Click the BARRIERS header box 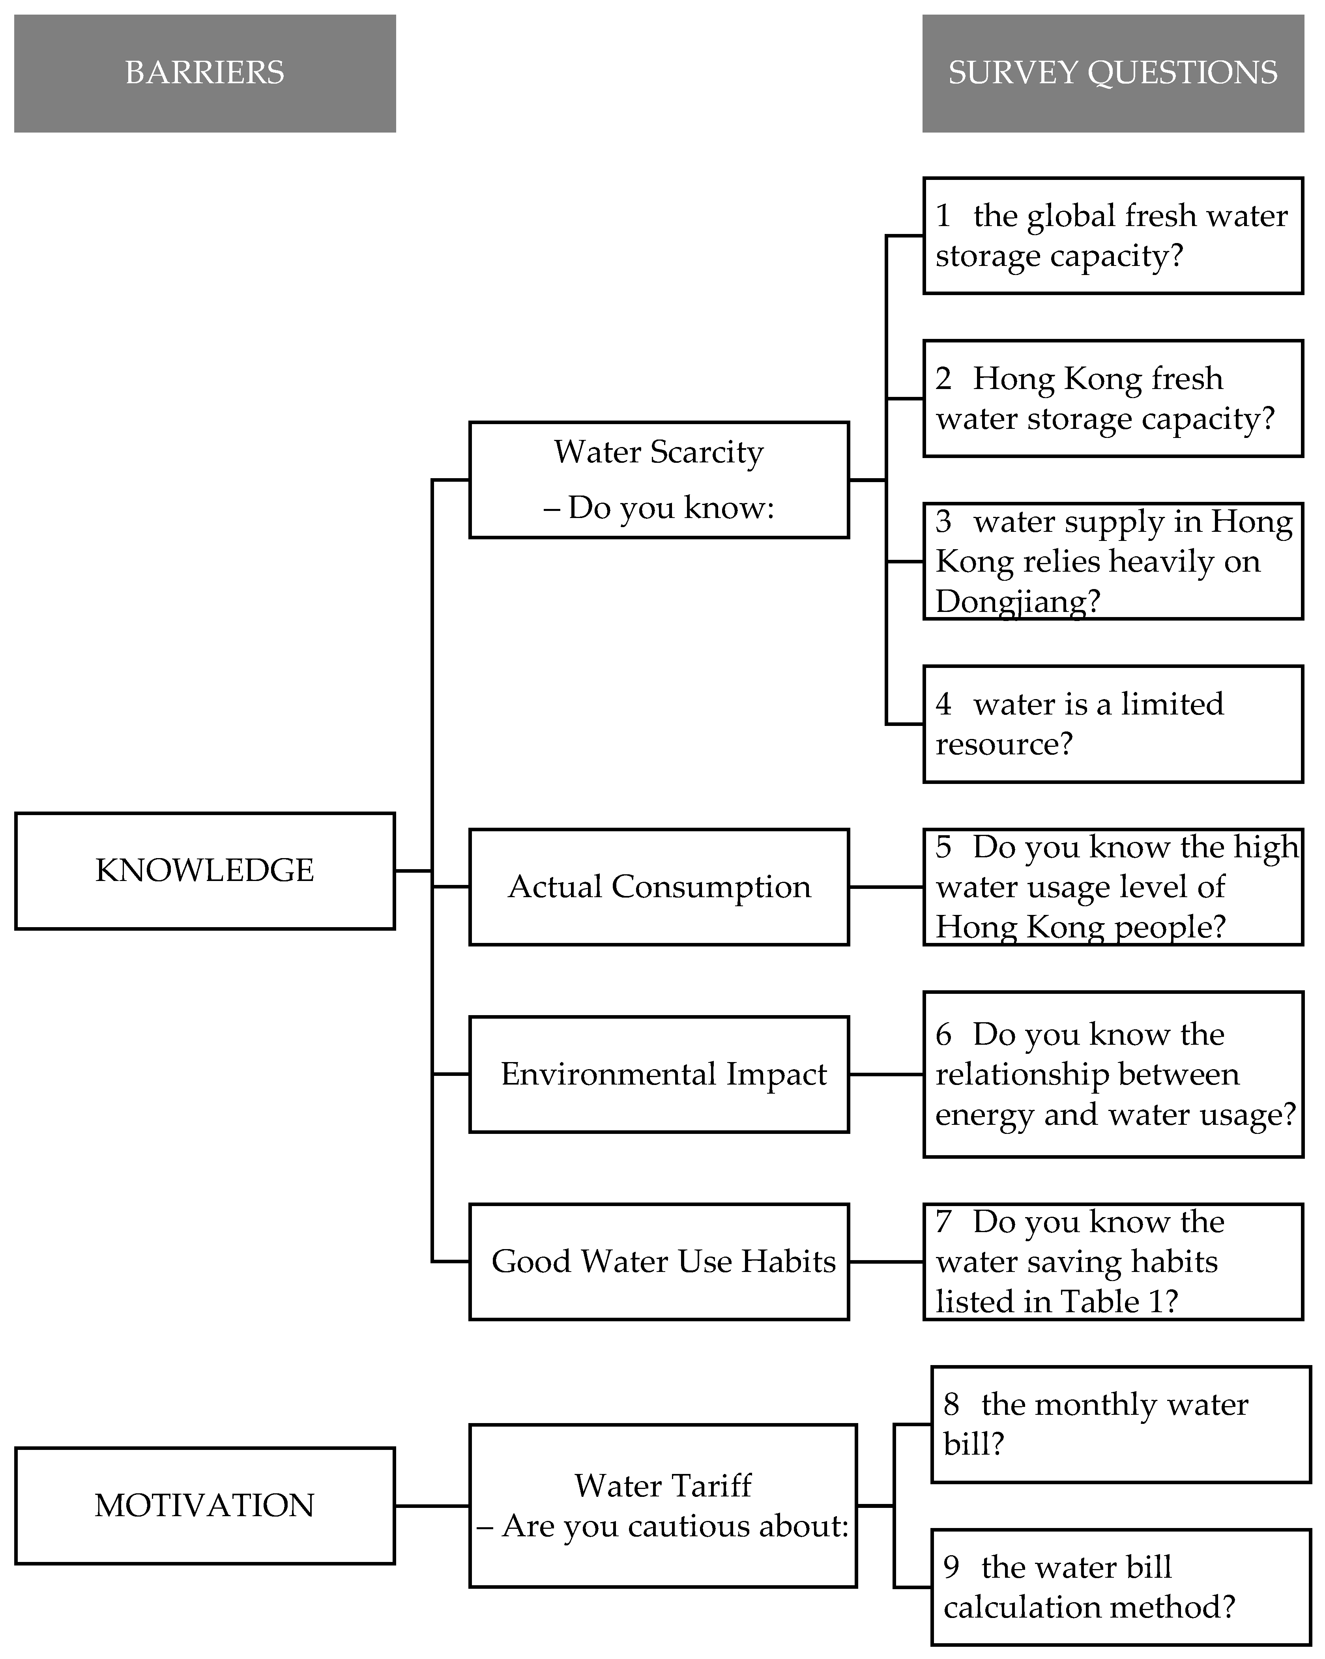(205, 73)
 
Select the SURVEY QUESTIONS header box (1113, 73)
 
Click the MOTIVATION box (205, 1505)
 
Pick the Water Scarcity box (659, 479)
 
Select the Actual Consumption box (659, 887)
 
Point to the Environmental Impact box (659, 1074)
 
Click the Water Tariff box (662, 1505)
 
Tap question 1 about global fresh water (1113, 236)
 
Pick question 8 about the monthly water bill (1120, 1424)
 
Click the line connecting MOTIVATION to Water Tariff (432, 1505)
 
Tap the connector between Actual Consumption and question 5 (886, 887)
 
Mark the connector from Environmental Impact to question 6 (886, 1074)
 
